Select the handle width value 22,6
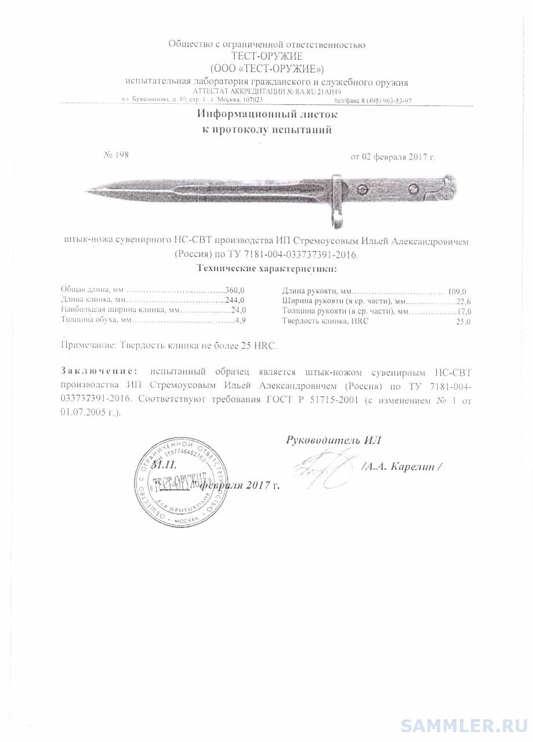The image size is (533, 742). tap(462, 301)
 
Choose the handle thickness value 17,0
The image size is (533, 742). tap(462, 312)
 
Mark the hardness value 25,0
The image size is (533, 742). tap(463, 322)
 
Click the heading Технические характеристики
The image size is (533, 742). tap(266, 269)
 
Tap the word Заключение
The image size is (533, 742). tap(100, 371)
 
